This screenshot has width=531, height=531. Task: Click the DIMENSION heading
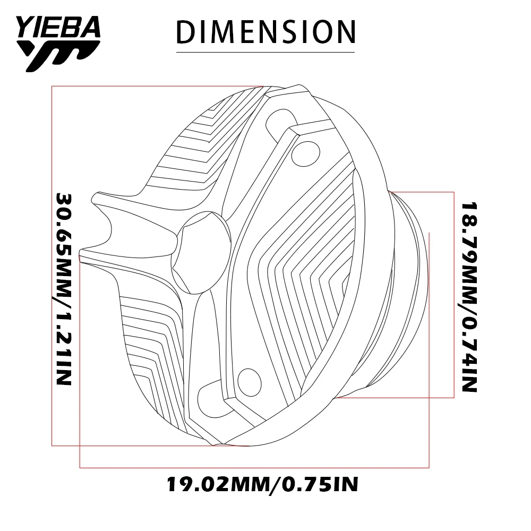265,32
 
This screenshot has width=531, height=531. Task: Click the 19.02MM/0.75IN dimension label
263,484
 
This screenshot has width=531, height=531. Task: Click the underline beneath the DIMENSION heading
265,52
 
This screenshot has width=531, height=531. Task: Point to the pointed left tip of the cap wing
81,254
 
